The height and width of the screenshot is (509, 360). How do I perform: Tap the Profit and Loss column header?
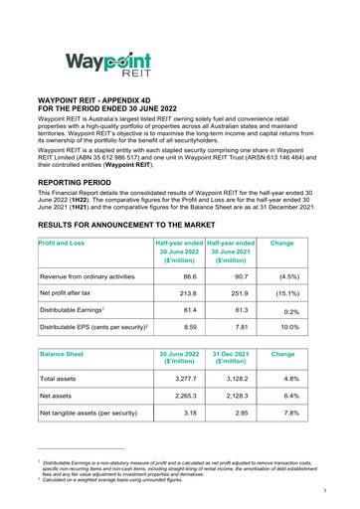click(61, 244)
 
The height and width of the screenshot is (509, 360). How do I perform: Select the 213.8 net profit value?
click(179, 295)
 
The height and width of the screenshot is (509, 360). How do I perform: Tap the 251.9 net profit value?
click(236, 295)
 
